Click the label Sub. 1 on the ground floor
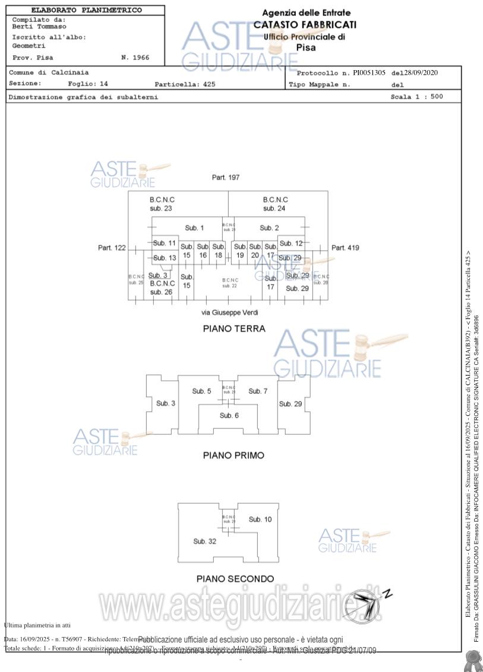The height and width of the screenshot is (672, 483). click(194, 228)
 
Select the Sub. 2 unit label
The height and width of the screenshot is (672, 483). click(269, 228)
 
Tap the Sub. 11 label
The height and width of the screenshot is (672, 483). click(165, 243)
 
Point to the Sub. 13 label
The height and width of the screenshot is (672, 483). click(165, 258)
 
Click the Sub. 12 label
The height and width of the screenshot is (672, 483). click(291, 243)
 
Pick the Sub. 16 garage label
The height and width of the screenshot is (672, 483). click(203, 251)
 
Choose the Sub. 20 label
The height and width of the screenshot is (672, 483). click(255, 251)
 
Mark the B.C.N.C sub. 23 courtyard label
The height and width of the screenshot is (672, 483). click(162, 204)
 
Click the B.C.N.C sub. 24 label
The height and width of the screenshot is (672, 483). click(275, 204)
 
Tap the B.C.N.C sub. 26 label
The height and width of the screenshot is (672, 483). click(162, 288)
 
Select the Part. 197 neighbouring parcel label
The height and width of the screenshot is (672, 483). click(226, 178)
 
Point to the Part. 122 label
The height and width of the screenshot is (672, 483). click(112, 248)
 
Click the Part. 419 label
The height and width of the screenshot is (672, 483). click(345, 248)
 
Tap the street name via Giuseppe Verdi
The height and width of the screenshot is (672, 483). click(230, 313)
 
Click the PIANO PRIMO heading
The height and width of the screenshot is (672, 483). click(233, 456)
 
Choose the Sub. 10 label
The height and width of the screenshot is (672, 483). click(260, 519)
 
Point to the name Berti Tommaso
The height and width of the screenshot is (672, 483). click(39, 27)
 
